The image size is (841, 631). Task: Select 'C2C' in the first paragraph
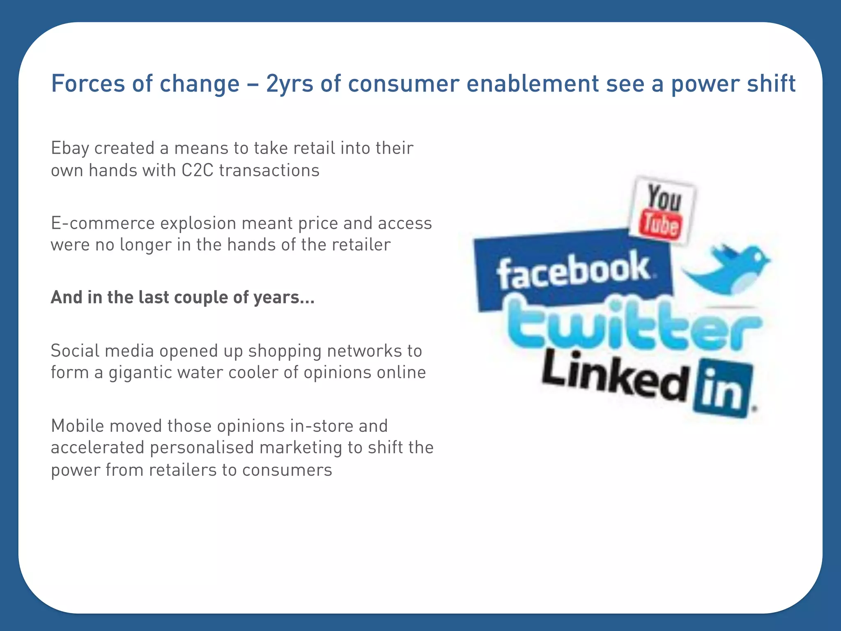click(197, 170)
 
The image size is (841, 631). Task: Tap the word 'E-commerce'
click(103, 223)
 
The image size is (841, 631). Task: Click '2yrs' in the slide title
click(290, 84)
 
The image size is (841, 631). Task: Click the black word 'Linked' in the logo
click(614, 376)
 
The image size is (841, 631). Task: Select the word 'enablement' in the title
click(533, 84)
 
